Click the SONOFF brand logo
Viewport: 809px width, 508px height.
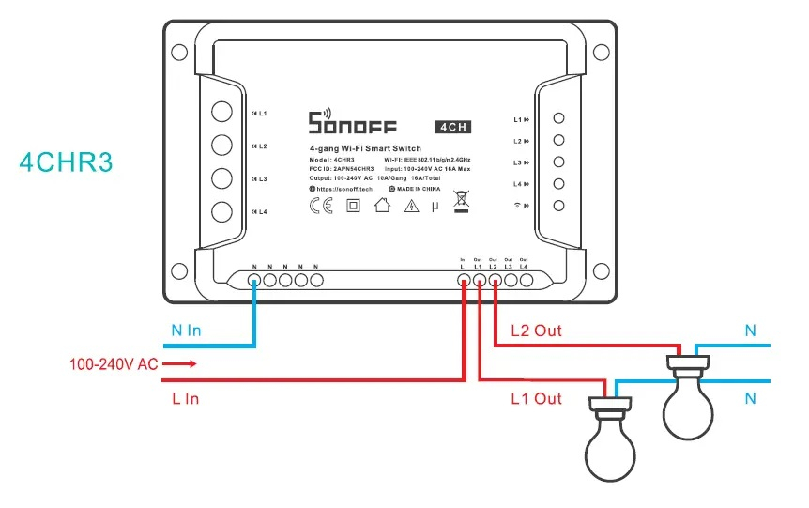tap(352, 123)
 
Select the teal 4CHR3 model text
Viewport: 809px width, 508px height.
tap(66, 162)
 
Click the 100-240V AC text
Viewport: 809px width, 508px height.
tap(113, 363)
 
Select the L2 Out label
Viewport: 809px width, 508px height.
tap(538, 331)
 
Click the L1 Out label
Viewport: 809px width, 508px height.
tap(536, 398)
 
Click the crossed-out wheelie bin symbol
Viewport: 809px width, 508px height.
tap(461, 201)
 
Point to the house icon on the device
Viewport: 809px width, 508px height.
tap(381, 207)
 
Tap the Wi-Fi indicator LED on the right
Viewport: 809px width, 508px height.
tap(558, 206)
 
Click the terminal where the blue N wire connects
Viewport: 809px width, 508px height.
tap(254, 279)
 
